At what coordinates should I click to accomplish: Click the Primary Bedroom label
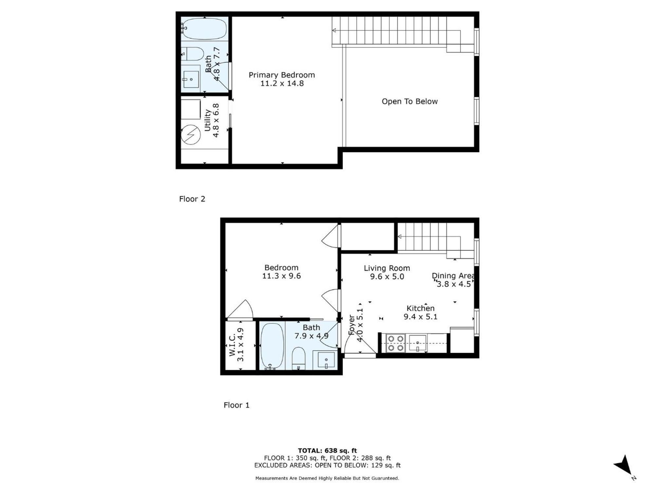click(282, 79)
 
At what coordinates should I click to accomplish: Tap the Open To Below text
click(409, 101)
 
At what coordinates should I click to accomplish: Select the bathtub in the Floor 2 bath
click(204, 29)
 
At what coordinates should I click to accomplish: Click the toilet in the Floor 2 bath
click(193, 54)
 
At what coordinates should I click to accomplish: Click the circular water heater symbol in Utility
click(191, 134)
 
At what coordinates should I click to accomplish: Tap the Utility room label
click(212, 120)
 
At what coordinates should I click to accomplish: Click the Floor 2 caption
click(192, 199)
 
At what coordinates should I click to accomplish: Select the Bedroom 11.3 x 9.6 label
click(281, 272)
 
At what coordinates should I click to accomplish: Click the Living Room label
click(387, 272)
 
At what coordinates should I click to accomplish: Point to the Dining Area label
click(453, 280)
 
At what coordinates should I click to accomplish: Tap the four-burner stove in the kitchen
click(396, 343)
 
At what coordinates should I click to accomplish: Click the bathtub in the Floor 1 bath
click(272, 346)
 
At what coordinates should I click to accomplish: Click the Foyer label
click(356, 325)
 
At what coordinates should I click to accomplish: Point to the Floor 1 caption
click(236, 405)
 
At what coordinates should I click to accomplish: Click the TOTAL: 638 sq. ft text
click(327, 450)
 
